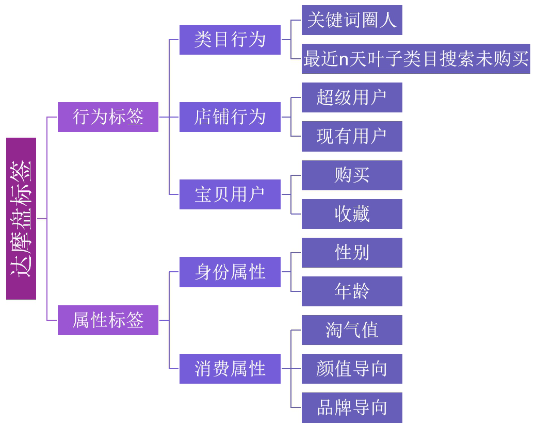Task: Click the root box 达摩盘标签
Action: (x=21, y=219)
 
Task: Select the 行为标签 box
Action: (x=108, y=117)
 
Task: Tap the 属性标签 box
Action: (x=108, y=320)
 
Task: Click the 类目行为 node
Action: (x=230, y=40)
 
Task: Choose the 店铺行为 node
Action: (x=230, y=117)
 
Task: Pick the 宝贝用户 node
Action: (x=230, y=194)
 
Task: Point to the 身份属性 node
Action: (x=230, y=272)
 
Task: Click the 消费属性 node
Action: (x=230, y=369)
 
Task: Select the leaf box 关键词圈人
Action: (x=352, y=20)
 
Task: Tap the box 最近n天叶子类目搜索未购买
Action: (x=416, y=59)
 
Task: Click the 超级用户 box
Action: (x=352, y=97)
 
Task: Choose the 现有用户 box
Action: (x=352, y=136)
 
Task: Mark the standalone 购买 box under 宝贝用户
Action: (x=352, y=175)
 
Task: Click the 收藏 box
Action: (x=352, y=214)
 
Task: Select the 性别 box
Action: (x=352, y=253)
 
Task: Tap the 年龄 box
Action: (x=352, y=291)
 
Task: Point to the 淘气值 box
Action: (x=352, y=330)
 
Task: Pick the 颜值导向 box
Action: (x=352, y=369)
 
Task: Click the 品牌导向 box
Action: (x=352, y=407)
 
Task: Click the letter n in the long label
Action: (x=344, y=60)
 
